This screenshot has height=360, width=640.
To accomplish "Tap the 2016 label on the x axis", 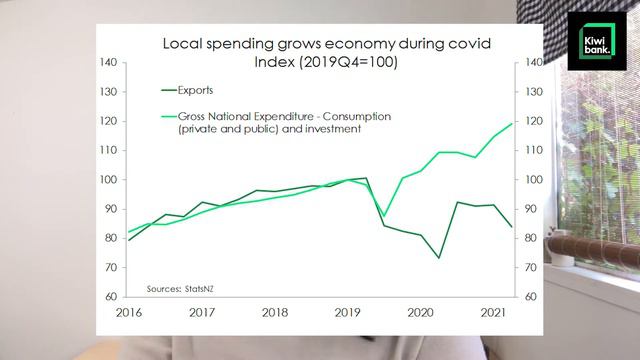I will (130, 311).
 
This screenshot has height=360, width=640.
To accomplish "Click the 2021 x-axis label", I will (493, 311).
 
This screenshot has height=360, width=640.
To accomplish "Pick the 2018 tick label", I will (275, 311).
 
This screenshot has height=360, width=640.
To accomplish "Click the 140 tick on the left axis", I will (110, 63).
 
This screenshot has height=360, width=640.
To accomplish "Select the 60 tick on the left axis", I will (112, 297).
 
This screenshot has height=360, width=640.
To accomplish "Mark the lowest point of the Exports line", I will (439, 258).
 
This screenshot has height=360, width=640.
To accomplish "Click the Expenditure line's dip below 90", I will (384, 215).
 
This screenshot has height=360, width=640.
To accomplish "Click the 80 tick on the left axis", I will (112, 239).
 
